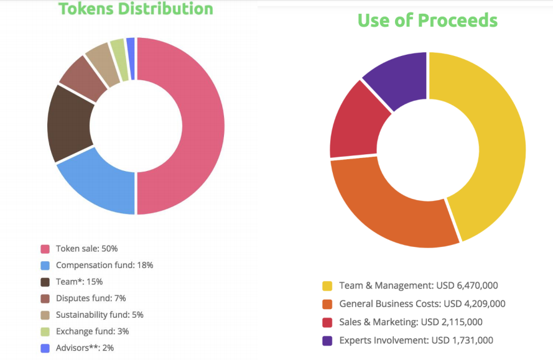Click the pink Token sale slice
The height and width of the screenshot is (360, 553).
tap(203, 126)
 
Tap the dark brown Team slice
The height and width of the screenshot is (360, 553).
tap(69, 123)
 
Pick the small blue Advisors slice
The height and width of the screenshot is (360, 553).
tap(131, 58)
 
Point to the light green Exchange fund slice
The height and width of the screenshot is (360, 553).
tap(120, 60)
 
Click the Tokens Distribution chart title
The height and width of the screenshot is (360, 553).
tap(136, 9)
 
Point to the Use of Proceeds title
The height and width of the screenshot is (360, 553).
tap(427, 20)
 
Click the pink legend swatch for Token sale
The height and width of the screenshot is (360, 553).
tap(45, 249)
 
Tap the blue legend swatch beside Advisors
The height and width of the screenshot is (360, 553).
tap(45, 348)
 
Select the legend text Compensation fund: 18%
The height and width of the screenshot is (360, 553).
tap(105, 265)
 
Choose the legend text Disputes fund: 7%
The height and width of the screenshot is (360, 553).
tap(91, 298)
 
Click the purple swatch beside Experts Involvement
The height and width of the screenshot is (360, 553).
tap(327, 341)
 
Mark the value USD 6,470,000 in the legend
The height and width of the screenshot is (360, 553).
tap(467, 285)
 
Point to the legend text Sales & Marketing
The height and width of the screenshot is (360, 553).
tap(378, 322)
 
